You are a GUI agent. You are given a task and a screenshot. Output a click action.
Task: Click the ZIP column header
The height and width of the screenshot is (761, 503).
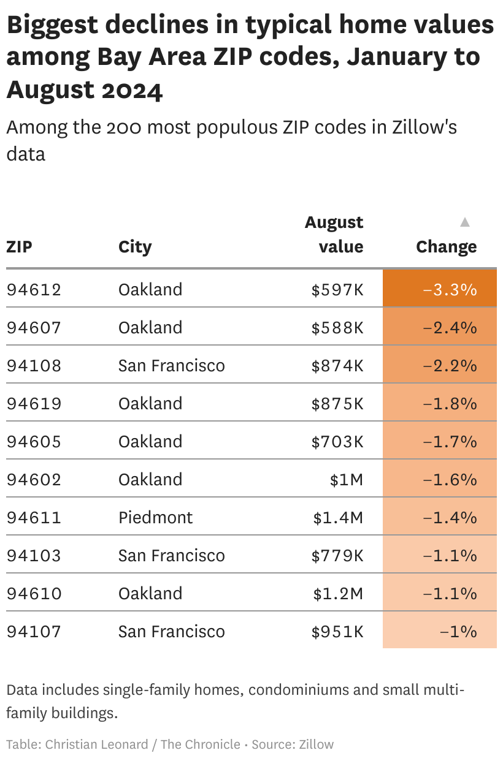(x=20, y=247)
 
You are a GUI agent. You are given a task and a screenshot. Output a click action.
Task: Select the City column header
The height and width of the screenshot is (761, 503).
(x=135, y=247)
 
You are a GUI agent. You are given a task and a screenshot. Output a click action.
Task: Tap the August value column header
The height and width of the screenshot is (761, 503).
(x=334, y=234)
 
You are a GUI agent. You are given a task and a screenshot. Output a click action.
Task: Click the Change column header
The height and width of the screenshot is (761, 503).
(x=446, y=247)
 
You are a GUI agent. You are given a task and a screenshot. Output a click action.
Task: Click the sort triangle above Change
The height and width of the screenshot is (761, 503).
(x=465, y=222)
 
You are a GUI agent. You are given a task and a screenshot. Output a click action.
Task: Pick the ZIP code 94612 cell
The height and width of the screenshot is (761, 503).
(x=34, y=289)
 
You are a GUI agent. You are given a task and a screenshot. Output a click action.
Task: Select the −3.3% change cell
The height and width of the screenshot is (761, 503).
(x=450, y=289)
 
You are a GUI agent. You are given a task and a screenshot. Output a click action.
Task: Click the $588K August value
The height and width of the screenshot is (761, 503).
(x=337, y=327)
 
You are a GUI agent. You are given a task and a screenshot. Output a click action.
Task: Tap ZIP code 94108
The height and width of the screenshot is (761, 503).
(x=34, y=365)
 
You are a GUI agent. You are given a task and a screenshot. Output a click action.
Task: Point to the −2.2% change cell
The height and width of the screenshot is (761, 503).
(x=450, y=365)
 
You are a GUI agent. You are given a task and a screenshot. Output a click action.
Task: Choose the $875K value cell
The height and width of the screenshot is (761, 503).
(x=337, y=403)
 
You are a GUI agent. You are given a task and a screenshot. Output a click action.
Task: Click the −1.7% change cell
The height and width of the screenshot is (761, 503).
(x=450, y=441)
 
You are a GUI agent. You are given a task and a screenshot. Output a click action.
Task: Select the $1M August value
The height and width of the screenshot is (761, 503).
(x=347, y=479)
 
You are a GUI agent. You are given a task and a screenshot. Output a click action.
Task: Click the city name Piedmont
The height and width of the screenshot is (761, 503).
(x=156, y=517)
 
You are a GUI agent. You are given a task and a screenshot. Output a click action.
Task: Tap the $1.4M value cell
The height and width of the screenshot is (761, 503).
(x=339, y=517)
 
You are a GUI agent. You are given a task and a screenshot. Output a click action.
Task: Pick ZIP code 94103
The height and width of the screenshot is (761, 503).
(x=34, y=555)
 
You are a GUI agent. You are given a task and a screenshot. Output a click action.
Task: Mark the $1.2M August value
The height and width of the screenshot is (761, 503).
(x=339, y=593)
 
